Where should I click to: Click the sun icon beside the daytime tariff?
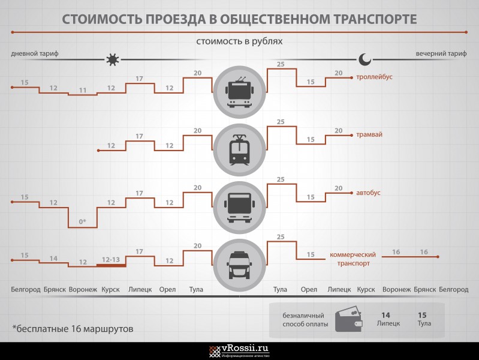pyautogui.click(x=113, y=59)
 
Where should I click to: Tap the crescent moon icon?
pyautogui.click(x=364, y=59)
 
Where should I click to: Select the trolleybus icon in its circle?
pyautogui.click(x=240, y=92)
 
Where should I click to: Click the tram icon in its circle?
pyautogui.click(x=240, y=150)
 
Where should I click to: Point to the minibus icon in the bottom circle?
pyautogui.click(x=240, y=265)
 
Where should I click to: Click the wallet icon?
pyautogui.click(x=348, y=320)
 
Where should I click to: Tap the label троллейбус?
pyautogui.click(x=374, y=77)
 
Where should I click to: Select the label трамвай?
pyautogui.click(x=369, y=134)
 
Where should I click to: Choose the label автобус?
pyautogui.click(x=368, y=193)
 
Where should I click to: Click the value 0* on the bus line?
pyautogui.click(x=83, y=221)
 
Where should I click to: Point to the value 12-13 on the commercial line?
pyautogui.click(x=111, y=260)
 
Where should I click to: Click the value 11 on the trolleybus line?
pyautogui.click(x=83, y=90)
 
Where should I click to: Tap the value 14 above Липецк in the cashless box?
pyautogui.click(x=386, y=315)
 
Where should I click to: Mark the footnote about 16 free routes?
pyautogui.click(x=73, y=329)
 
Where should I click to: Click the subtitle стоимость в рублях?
pyautogui.click(x=239, y=41)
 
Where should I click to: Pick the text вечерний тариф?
pyautogui.click(x=441, y=53)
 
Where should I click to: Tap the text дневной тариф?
pyautogui.click(x=35, y=53)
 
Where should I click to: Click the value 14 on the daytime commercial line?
pyautogui.click(x=53, y=259)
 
